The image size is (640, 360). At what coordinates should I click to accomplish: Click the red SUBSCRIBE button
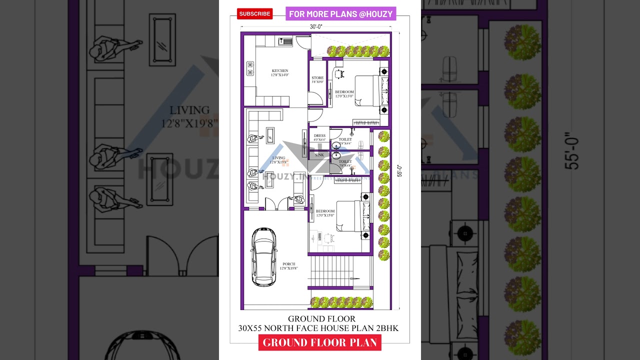click(x=255, y=13)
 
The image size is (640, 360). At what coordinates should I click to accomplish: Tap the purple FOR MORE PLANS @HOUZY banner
click(x=341, y=14)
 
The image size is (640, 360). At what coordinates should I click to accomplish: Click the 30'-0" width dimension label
click(x=316, y=26)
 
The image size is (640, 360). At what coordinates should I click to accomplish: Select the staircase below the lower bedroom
click(x=331, y=270)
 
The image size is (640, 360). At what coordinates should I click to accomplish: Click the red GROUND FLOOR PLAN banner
click(x=320, y=342)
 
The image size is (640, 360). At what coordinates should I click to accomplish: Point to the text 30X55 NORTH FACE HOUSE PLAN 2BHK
click(x=318, y=328)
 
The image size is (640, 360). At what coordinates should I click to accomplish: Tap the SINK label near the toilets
click(x=319, y=155)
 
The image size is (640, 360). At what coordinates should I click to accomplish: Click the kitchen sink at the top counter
click(x=285, y=41)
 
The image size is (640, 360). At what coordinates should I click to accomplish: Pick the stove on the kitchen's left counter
click(x=249, y=68)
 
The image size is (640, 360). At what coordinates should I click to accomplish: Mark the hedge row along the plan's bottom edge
click(x=342, y=302)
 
